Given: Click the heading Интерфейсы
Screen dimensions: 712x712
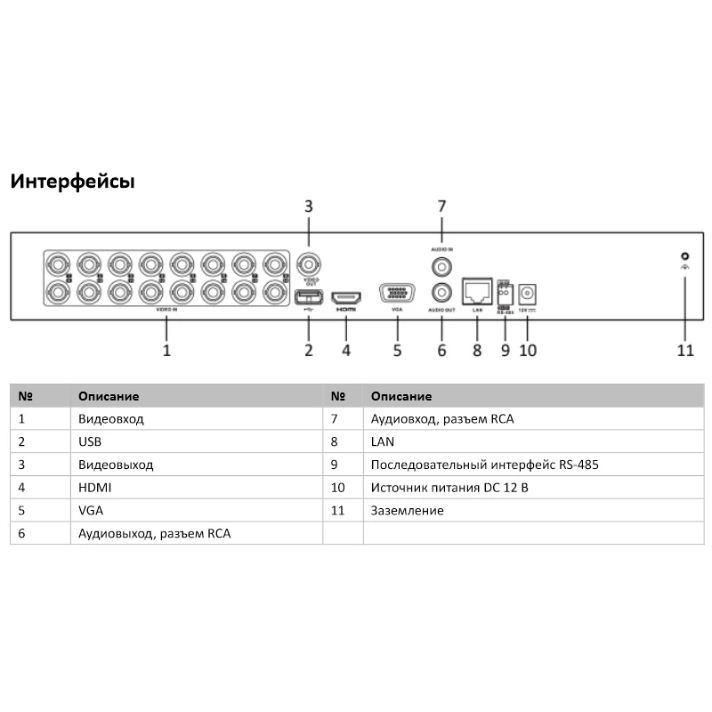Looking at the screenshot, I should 72,182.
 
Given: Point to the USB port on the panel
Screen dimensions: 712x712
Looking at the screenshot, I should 308,297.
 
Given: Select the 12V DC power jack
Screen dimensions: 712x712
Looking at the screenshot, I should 528,292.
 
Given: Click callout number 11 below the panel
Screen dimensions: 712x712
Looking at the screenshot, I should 684,350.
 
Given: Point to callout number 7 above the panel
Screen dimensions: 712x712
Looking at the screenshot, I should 441,206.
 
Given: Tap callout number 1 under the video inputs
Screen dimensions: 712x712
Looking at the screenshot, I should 166,350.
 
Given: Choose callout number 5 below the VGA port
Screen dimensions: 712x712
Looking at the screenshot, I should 398,350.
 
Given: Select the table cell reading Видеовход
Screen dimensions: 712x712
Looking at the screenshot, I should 110,418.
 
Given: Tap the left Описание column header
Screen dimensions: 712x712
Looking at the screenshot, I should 109,396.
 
